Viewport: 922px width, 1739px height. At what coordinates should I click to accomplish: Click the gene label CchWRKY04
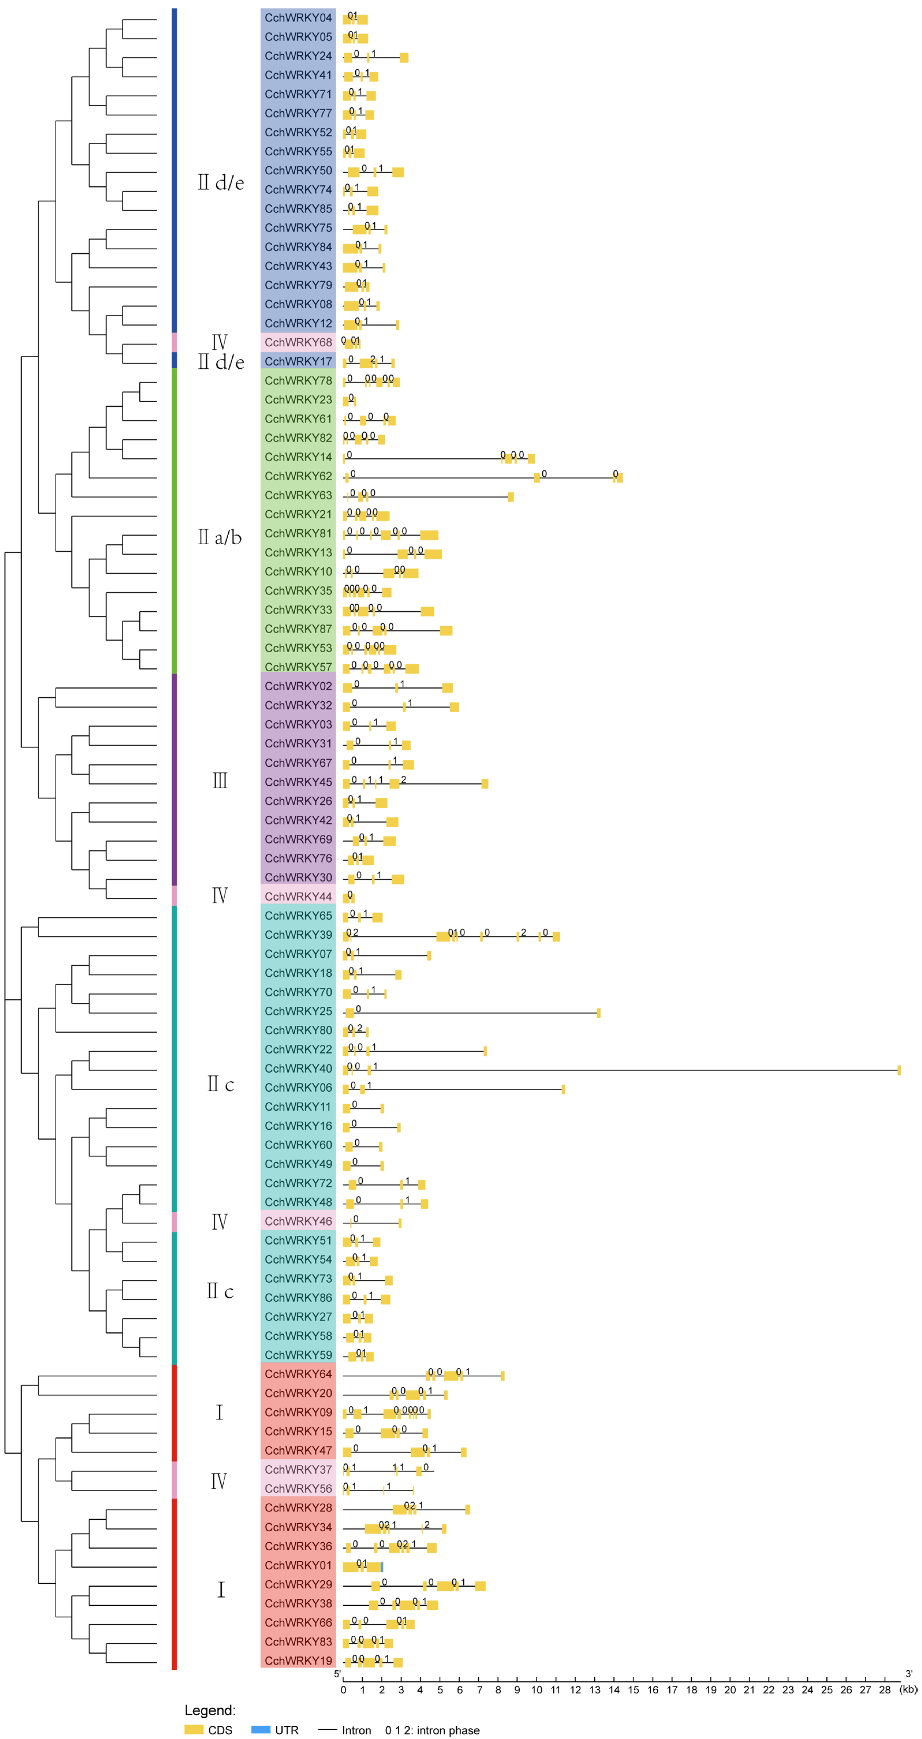pyautogui.click(x=298, y=18)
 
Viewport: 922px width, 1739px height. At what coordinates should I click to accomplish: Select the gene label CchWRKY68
pyautogui.click(x=298, y=342)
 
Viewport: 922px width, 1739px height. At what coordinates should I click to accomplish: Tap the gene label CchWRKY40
pyautogui.click(x=298, y=1069)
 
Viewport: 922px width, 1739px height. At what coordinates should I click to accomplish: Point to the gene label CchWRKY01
pyautogui.click(x=298, y=1565)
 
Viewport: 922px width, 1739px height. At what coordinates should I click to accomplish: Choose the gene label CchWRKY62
pyautogui.click(x=298, y=476)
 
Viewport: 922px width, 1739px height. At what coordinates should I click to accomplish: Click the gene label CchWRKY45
pyautogui.click(x=298, y=782)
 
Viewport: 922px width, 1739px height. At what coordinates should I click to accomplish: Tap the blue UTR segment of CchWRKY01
pyautogui.click(x=382, y=1567)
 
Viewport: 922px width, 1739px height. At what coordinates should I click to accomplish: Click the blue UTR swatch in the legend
pyautogui.click(x=261, y=1729)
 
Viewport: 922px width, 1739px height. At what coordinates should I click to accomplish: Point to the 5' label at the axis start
pyautogui.click(x=337, y=1673)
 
